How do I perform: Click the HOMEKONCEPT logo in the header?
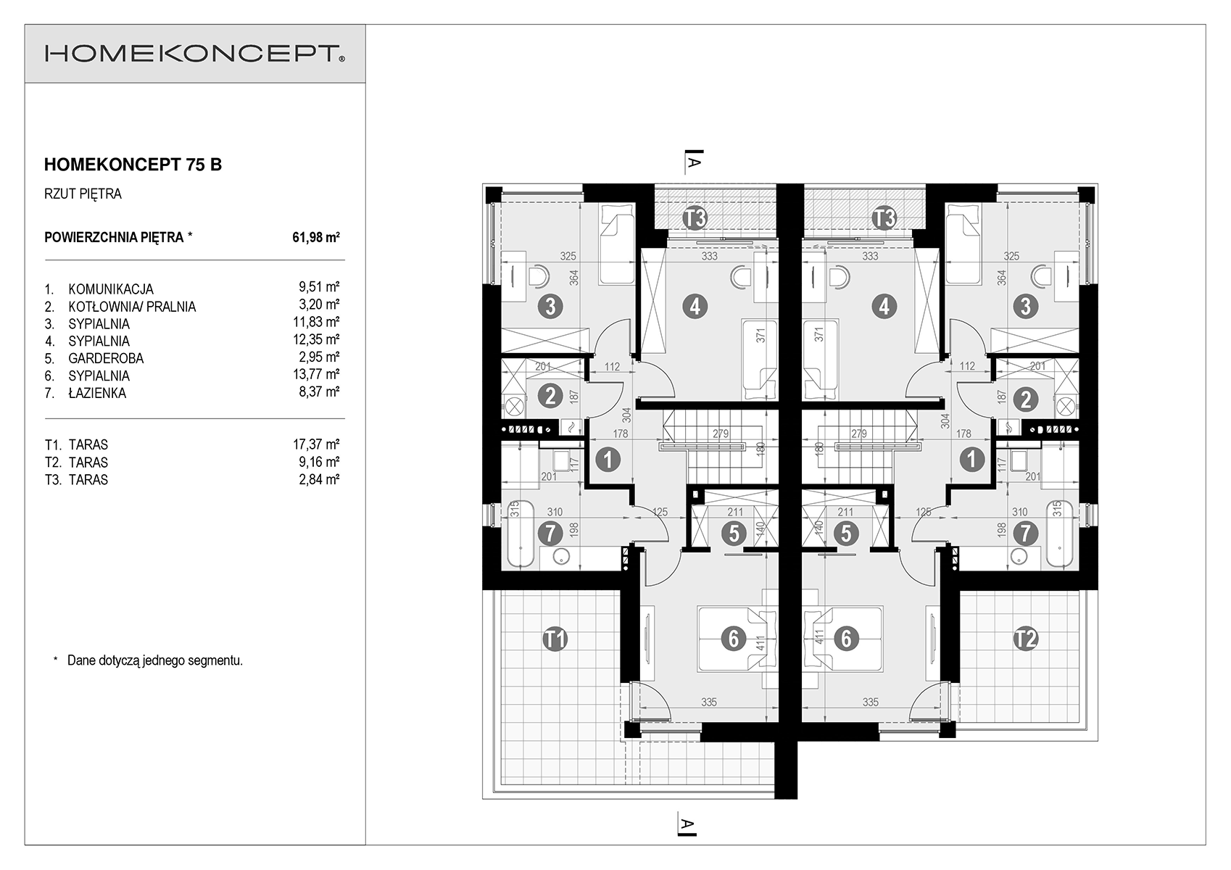tap(195, 54)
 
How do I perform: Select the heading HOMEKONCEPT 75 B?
tap(133, 165)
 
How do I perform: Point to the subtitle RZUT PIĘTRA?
tap(83, 194)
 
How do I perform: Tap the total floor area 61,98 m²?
tap(316, 237)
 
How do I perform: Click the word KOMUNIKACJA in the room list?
tap(111, 289)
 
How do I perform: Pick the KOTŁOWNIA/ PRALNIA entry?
tap(132, 307)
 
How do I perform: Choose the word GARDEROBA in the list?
tap(106, 358)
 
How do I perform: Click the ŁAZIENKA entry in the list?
tap(97, 393)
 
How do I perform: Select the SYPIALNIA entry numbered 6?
tap(99, 376)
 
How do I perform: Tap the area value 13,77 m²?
tap(316, 374)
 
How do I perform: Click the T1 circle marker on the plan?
tap(555, 639)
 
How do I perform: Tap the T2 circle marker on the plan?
tap(1025, 639)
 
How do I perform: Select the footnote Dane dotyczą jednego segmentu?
tap(155, 660)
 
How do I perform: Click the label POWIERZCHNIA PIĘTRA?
tap(114, 237)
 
